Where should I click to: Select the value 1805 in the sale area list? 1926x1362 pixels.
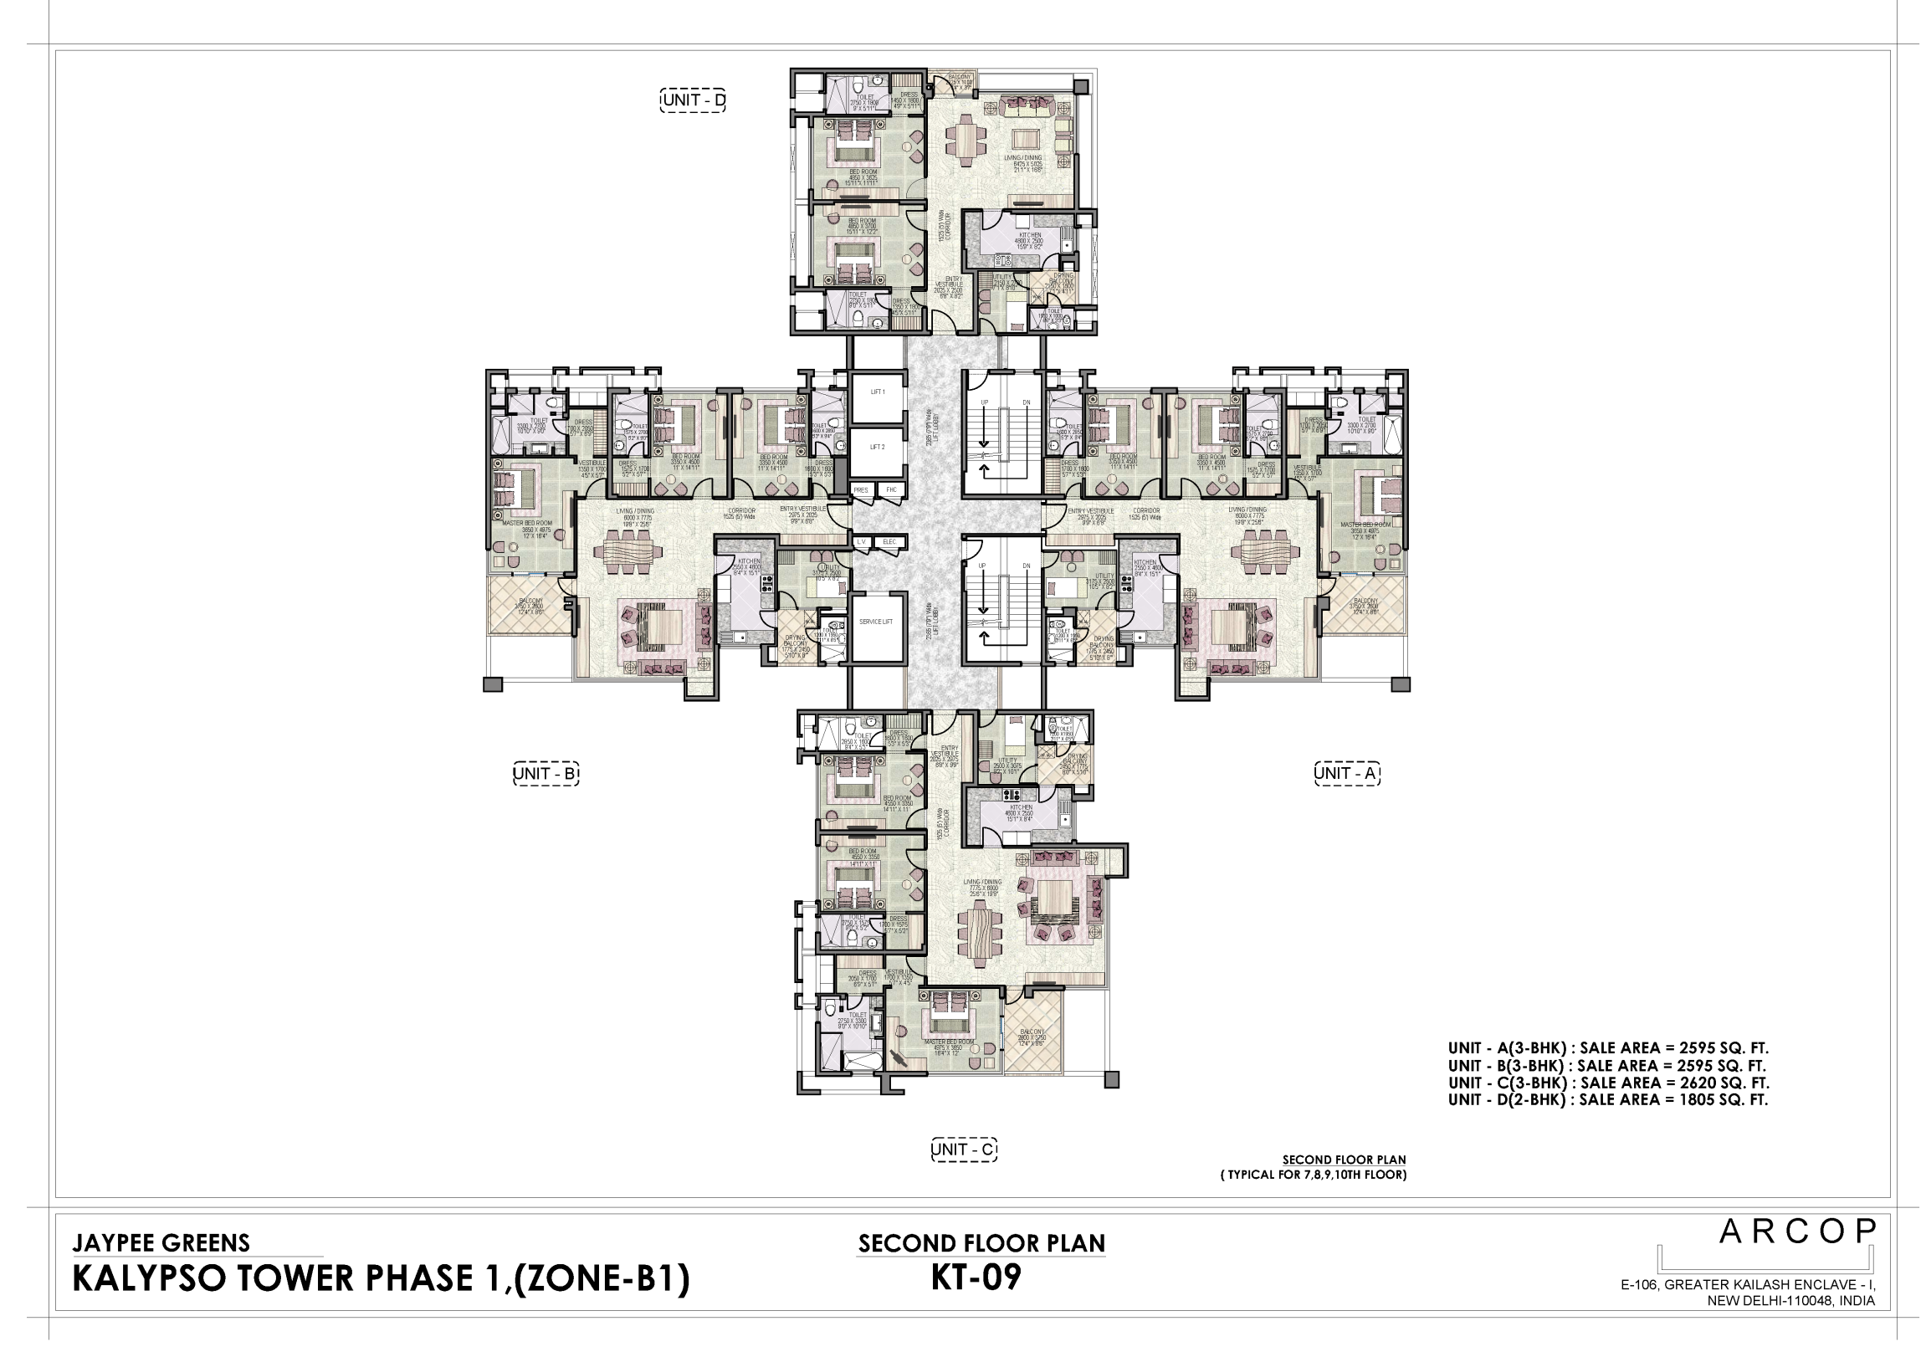(x=1688, y=1103)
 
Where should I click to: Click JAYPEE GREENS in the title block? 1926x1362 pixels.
(x=162, y=1245)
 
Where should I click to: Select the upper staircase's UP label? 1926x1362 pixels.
(x=986, y=403)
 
